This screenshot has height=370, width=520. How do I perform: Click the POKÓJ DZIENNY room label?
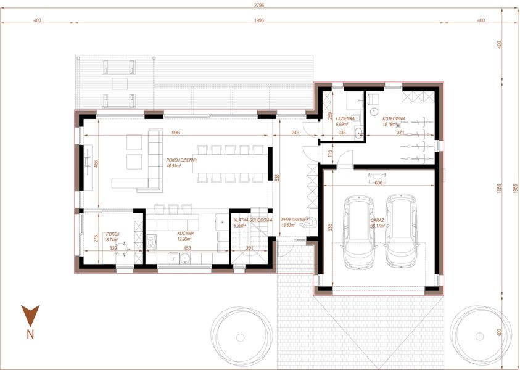(x=181, y=159)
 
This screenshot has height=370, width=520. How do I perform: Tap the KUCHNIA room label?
(x=186, y=234)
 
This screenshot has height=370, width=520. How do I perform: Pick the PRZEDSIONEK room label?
(x=294, y=220)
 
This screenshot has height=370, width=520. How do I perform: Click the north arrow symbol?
(x=30, y=315)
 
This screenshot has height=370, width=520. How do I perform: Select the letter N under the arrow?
(x=30, y=335)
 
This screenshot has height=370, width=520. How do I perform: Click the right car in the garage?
(x=399, y=231)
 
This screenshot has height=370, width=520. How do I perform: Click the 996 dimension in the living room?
(x=176, y=133)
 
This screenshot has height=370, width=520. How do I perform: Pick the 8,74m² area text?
(x=112, y=240)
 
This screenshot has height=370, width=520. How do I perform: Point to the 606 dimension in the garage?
(x=379, y=183)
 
